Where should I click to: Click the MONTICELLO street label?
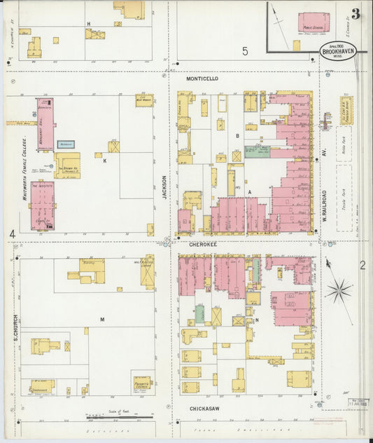tap(202, 79)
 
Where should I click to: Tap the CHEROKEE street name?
tap(202, 245)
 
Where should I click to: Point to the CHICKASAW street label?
tap(206, 407)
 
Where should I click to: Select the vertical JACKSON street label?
tap(165, 188)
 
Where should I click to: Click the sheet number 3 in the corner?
tap(356, 14)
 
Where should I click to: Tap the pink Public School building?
tap(313, 22)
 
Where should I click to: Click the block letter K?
tap(104, 161)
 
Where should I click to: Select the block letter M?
tap(102, 320)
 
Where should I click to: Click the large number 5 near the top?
tap(245, 50)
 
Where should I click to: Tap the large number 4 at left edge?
tap(12, 233)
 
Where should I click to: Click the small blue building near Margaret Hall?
tap(66, 144)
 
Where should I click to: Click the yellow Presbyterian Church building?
tap(141, 383)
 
